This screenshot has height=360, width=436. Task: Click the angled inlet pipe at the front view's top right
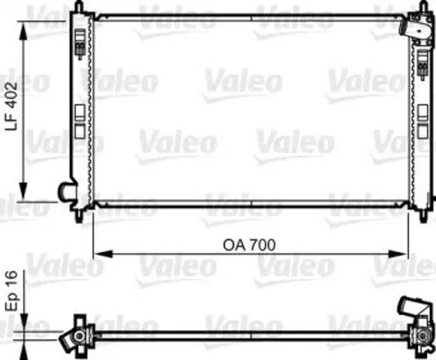click(x=412, y=28)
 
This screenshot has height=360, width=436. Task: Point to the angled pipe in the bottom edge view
click(x=408, y=307)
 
